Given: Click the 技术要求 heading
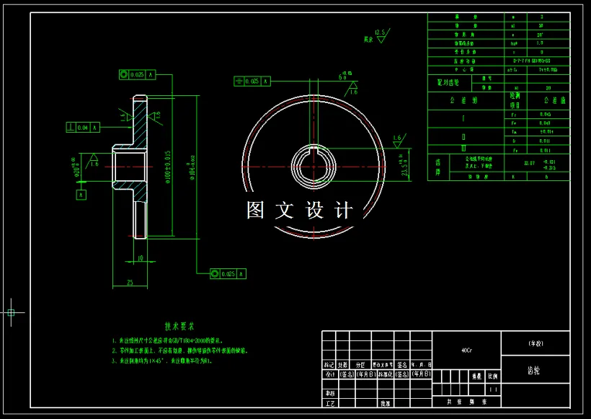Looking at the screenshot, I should tap(179, 326).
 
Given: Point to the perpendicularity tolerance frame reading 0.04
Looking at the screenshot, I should tap(80, 128).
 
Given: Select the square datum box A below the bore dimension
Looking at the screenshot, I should tap(81, 194).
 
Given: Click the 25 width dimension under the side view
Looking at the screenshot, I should tap(130, 283).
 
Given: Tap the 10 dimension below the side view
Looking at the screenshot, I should tap(140, 257).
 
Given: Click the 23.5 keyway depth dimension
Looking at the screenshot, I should tap(404, 167).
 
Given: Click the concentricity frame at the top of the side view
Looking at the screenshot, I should tap(136, 74).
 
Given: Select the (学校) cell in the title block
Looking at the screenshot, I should tap(534, 343).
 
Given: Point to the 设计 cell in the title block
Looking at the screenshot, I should tap(329, 374).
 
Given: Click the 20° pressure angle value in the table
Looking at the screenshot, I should tap(540, 34).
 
